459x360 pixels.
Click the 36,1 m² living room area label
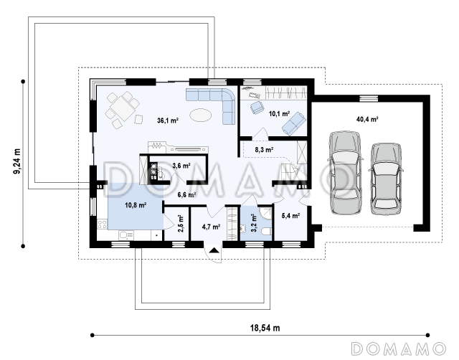[168, 120]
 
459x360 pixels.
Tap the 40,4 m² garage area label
[367, 119]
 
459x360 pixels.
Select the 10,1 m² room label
[279, 113]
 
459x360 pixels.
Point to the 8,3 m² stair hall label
[264, 150]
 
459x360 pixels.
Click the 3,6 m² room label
[181, 166]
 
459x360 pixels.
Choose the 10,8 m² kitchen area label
[136, 205]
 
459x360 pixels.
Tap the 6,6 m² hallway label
[186, 194]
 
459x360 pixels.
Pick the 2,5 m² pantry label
[181, 224]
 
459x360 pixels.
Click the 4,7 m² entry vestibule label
[211, 227]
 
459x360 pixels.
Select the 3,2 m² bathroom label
[253, 223]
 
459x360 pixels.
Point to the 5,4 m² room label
[290, 216]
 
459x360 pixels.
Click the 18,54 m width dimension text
[265, 328]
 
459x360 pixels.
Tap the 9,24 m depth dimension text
[17, 161]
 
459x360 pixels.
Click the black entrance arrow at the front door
[214, 250]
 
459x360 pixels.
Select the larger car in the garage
[345, 173]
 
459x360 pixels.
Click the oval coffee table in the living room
[200, 115]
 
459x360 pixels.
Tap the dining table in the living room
[123, 108]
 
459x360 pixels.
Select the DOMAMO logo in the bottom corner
[398, 349]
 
